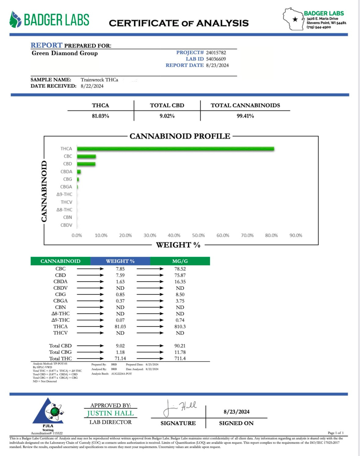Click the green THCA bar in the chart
point(175,149)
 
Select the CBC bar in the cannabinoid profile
point(86,156)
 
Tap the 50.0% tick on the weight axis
point(198,235)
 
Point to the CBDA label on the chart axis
point(66,172)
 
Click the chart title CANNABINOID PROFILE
point(180,136)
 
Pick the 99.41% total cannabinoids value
point(245,116)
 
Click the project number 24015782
point(216,53)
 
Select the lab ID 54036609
point(216,59)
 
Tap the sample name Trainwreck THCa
point(99,80)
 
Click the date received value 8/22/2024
point(92,86)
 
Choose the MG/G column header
point(180,261)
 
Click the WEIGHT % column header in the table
point(120,261)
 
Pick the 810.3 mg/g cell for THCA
point(180,327)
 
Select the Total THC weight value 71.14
point(120,359)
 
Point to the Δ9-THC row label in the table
point(60,320)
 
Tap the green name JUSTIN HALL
point(110,413)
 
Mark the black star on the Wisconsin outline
point(295,20)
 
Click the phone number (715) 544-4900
point(318,27)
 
